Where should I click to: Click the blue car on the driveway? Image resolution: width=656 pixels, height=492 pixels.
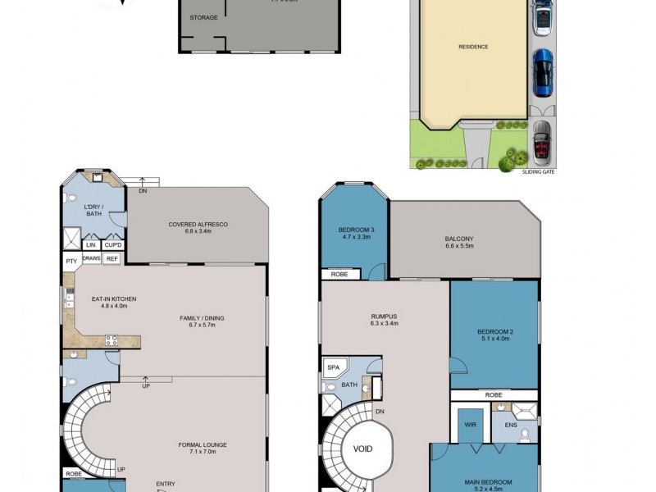coord(543,73)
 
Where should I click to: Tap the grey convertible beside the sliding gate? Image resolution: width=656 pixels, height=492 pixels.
coord(543,141)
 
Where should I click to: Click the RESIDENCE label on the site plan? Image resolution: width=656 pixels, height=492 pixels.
coord(473,47)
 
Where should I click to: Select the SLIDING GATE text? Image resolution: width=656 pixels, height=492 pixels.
coord(538,172)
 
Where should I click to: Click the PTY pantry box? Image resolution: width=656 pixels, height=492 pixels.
coord(71,261)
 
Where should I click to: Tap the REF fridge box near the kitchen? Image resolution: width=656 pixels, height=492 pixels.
coord(112,258)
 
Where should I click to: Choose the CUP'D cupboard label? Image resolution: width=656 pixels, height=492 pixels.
coord(113,244)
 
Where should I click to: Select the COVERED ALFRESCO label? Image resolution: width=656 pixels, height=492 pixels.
coord(198,224)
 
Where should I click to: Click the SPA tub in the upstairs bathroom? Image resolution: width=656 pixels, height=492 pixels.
coord(334,367)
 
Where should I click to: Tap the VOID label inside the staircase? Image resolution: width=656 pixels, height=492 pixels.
coord(362,449)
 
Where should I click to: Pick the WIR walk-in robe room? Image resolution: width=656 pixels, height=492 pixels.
coord(470,425)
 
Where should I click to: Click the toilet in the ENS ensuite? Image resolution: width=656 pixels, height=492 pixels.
coord(525,435)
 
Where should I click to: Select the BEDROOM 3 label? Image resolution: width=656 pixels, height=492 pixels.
coord(356,229)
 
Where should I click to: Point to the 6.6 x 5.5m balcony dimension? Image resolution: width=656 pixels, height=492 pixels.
coord(459,246)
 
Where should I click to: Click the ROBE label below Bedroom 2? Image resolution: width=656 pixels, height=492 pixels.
coord(494,394)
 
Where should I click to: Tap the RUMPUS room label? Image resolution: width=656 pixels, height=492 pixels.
coord(384,316)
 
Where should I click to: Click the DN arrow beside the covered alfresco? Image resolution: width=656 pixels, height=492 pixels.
coord(143,190)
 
